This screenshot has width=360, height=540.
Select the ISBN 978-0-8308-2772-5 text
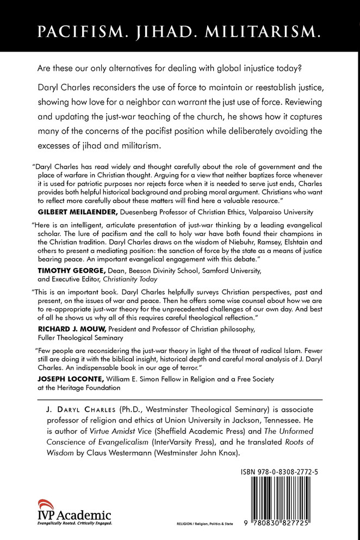pos(288,458)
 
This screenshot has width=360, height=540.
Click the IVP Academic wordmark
pos(73,515)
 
